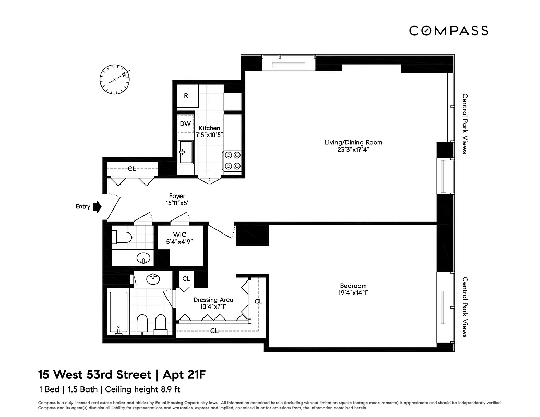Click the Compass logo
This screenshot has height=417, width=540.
pos(448,31)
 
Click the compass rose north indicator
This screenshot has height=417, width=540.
pos(114,79)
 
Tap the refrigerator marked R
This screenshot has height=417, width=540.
pos(186,96)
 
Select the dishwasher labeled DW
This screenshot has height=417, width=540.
pos(185,124)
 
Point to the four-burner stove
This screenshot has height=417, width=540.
pos(232,160)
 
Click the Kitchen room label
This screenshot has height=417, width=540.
pos(209,128)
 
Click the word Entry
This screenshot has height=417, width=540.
pos(82,207)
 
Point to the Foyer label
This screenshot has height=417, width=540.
pos(177,196)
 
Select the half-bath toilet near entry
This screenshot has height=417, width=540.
pos(122,238)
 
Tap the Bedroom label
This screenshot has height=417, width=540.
pos(353,286)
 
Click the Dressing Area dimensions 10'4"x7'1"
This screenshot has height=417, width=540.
pos(213,308)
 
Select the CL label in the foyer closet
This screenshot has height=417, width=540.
pos(132,169)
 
